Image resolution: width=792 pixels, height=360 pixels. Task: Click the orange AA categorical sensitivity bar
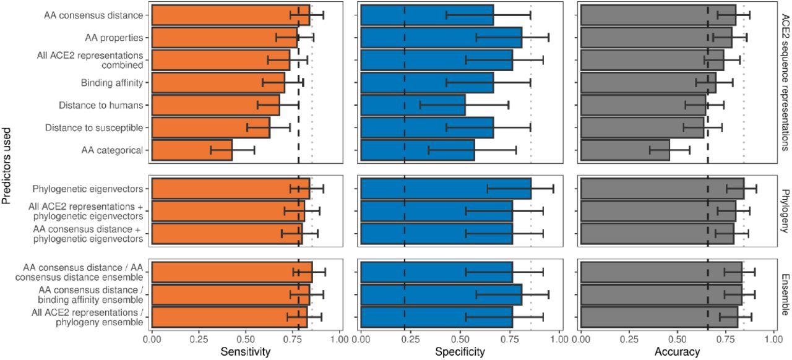(x=192, y=150)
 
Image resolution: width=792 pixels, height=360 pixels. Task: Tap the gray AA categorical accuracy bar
(x=625, y=150)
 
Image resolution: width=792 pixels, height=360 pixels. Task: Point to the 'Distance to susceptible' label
(x=94, y=127)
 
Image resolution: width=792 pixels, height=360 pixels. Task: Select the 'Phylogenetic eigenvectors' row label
(x=89, y=189)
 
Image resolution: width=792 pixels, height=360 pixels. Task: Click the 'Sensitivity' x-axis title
(x=246, y=352)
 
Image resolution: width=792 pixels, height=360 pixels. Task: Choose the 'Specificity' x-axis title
(x=460, y=352)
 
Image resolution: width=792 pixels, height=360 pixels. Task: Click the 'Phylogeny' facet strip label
(x=784, y=211)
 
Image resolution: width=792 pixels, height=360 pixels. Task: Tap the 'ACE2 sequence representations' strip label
(x=784, y=82)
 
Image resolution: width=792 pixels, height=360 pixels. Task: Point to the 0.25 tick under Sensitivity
(x=199, y=339)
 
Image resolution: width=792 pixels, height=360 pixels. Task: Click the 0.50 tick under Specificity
(x=460, y=339)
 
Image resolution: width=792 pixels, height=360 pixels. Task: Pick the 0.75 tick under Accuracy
(x=725, y=339)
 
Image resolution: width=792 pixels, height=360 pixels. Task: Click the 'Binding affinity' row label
(x=112, y=83)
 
